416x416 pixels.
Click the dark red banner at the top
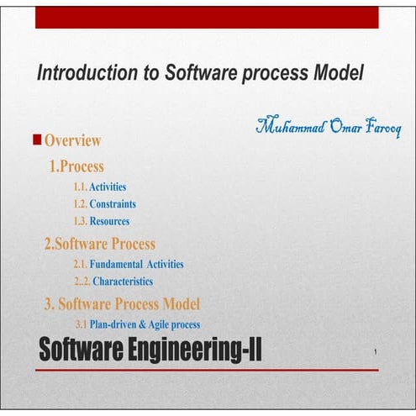point(207,17)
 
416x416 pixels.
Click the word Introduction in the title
point(84,73)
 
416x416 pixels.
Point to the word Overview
point(73,140)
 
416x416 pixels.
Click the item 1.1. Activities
point(100,187)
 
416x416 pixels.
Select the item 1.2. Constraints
point(104,203)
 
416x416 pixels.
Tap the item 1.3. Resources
point(102,221)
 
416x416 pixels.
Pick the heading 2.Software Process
point(99,244)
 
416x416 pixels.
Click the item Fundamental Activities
point(136,264)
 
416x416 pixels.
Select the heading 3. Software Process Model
point(122,303)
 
